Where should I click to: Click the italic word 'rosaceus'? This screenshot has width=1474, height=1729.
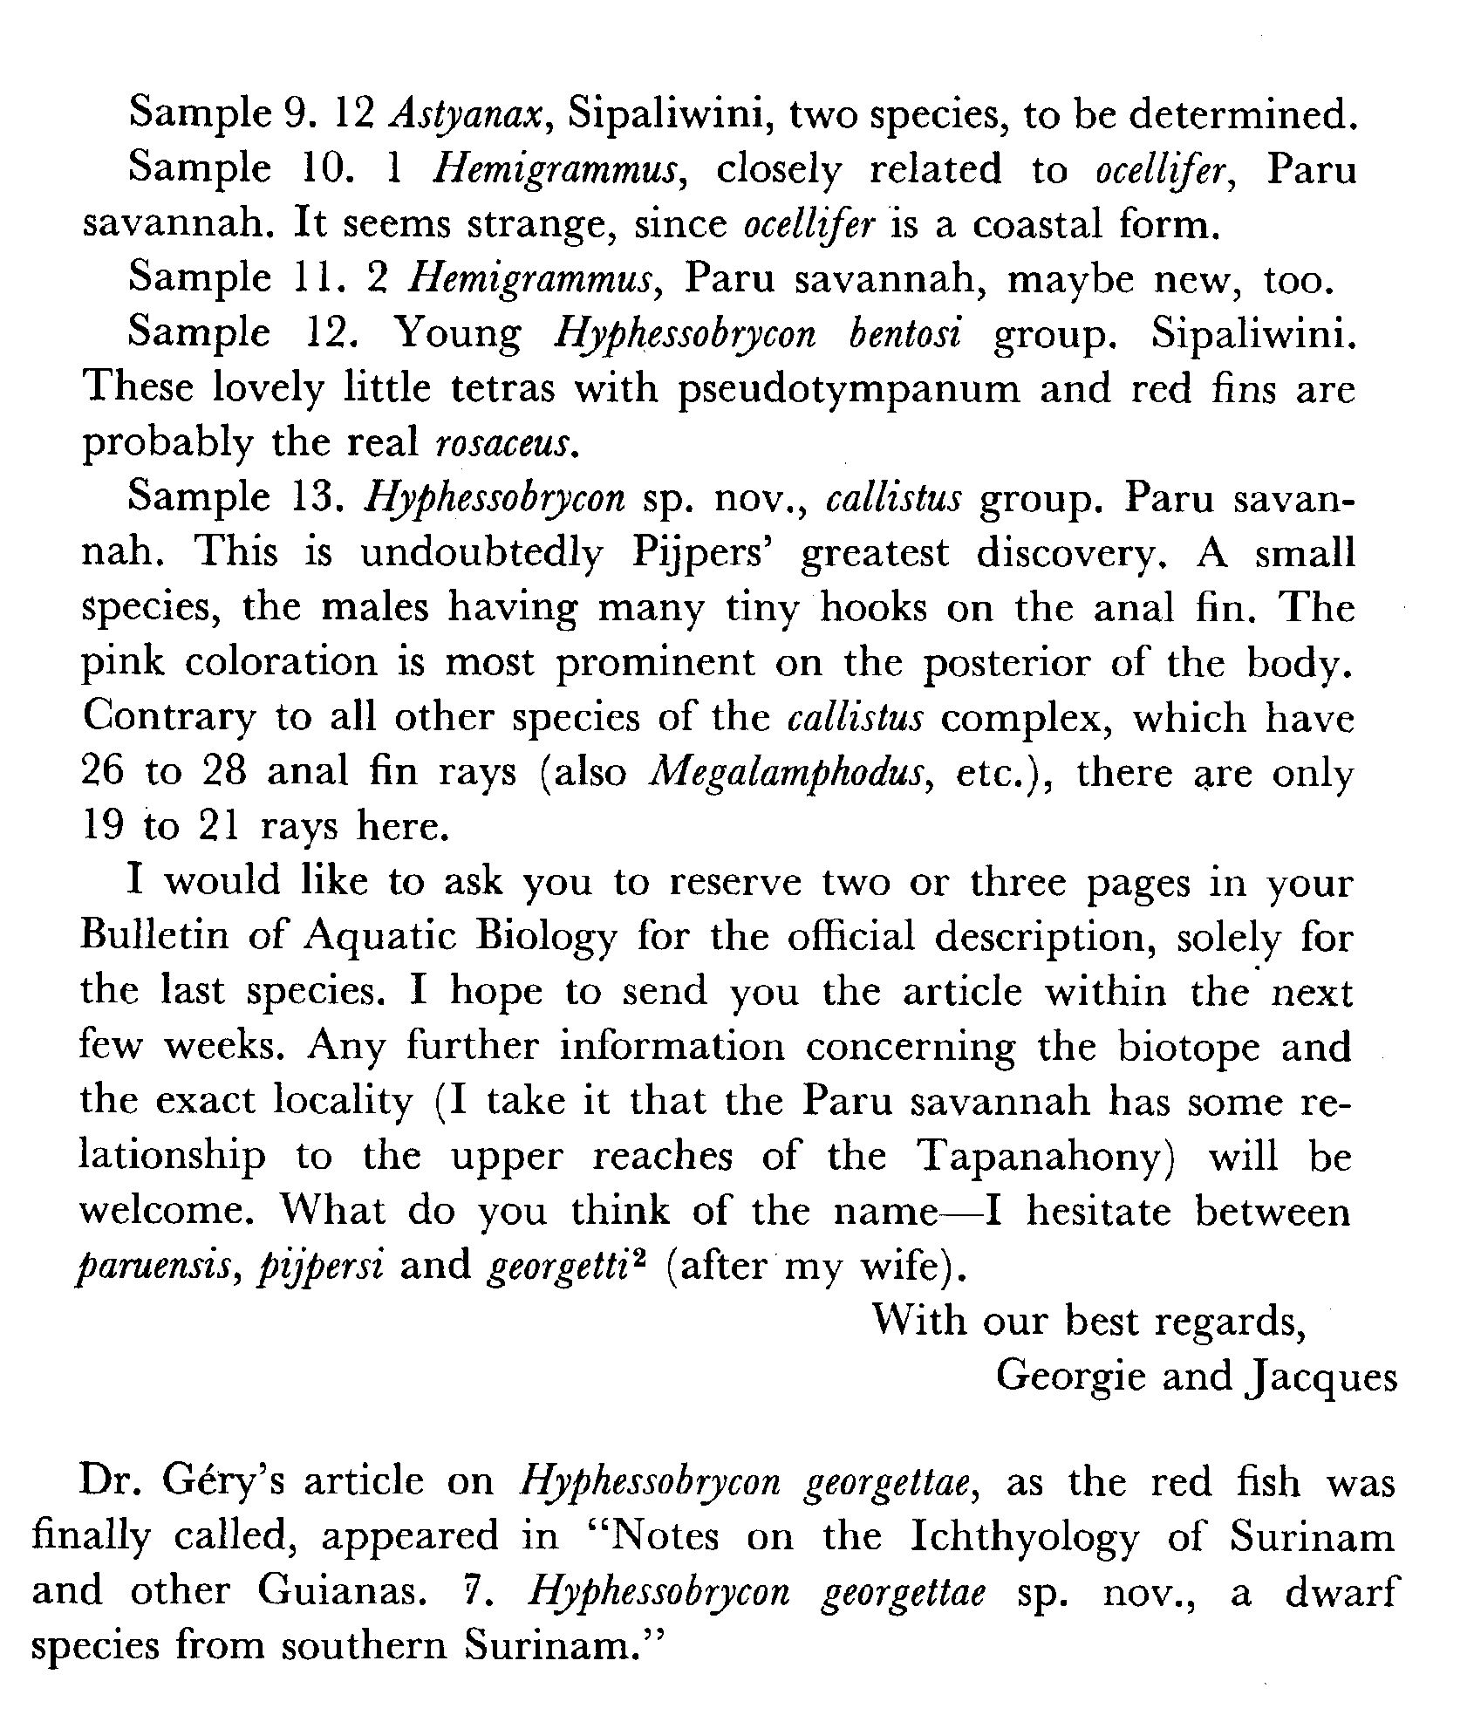[x=506, y=444]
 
